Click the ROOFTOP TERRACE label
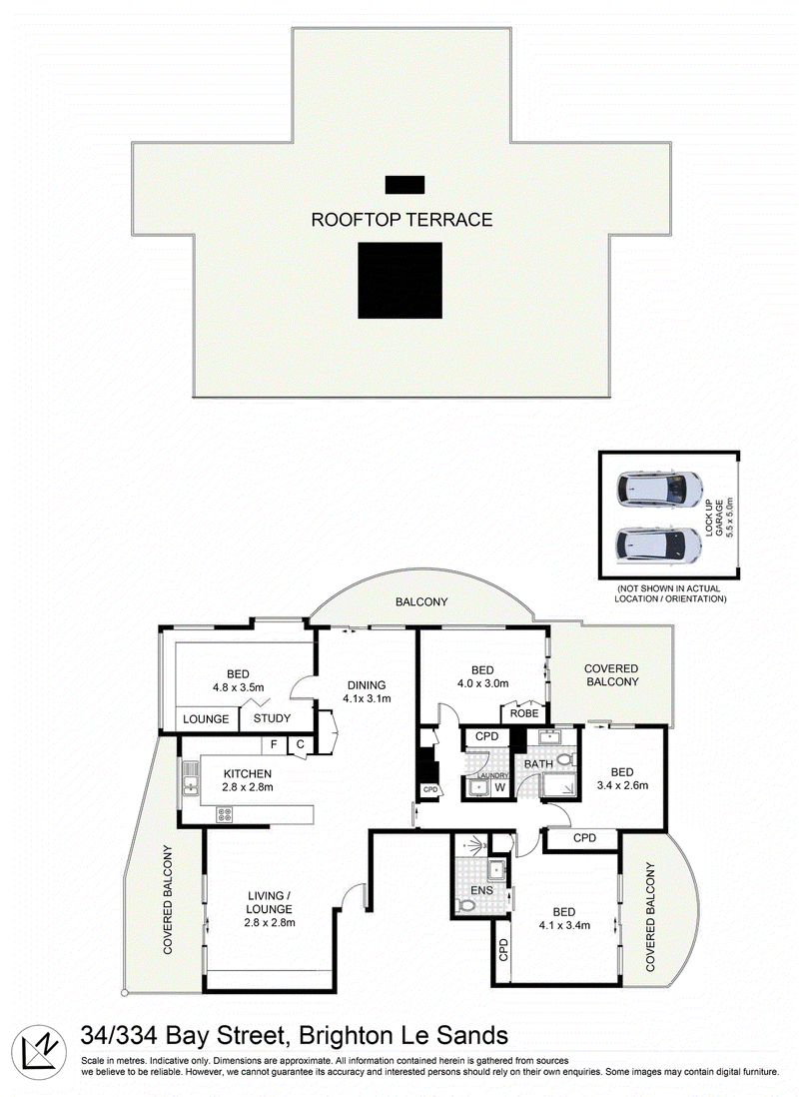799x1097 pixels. (401, 220)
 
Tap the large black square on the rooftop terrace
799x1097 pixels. (400, 280)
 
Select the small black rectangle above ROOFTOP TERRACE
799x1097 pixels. (404, 185)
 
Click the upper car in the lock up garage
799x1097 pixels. (659, 489)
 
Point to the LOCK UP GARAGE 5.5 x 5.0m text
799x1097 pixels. (718, 517)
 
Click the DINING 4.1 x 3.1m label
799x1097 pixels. (367, 691)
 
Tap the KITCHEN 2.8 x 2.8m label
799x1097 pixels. (248, 780)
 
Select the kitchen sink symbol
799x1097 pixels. (190, 778)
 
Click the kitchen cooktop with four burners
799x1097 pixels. (225, 814)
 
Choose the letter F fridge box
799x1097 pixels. (274, 744)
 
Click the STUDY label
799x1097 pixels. (273, 717)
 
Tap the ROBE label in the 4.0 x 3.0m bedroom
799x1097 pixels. (524, 713)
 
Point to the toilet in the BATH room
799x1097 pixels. (566, 759)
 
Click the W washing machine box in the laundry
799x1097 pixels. (499, 787)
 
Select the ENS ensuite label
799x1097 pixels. (481, 890)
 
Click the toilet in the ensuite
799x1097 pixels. (465, 905)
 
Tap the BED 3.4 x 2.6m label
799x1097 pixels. (622, 778)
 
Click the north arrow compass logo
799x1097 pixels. (39, 1052)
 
